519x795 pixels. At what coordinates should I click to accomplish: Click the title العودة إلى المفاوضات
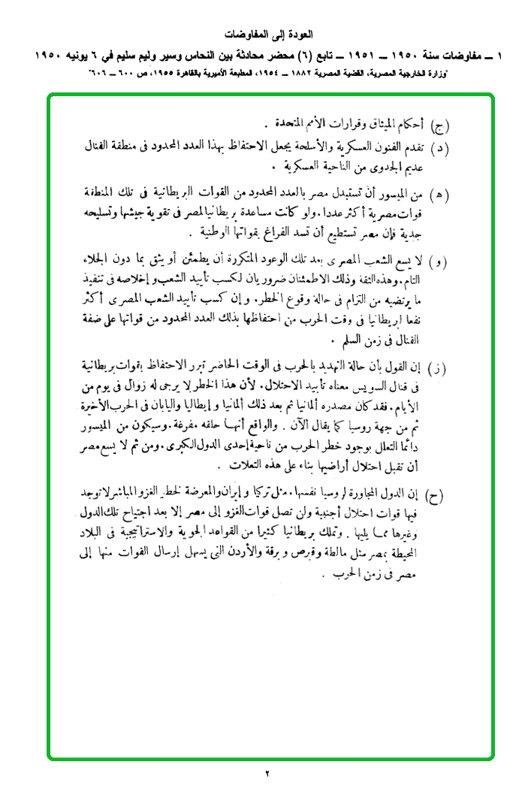tap(269, 35)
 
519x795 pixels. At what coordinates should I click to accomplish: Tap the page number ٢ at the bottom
tap(267, 773)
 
